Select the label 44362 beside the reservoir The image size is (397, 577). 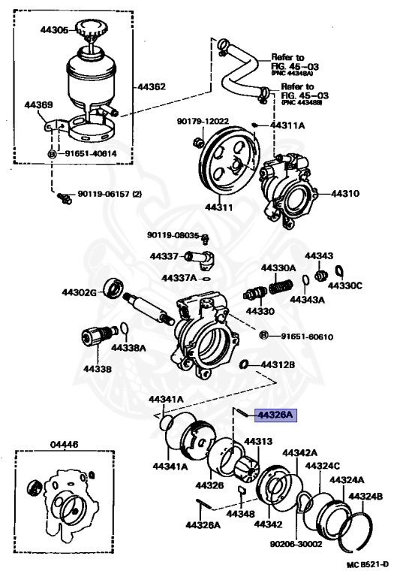coord(151,86)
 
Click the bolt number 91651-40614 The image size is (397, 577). coord(91,153)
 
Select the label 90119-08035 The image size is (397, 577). coord(173,235)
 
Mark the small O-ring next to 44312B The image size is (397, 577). coord(244,364)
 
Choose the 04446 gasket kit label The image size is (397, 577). coord(53,445)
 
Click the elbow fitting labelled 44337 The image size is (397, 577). coord(202,260)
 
